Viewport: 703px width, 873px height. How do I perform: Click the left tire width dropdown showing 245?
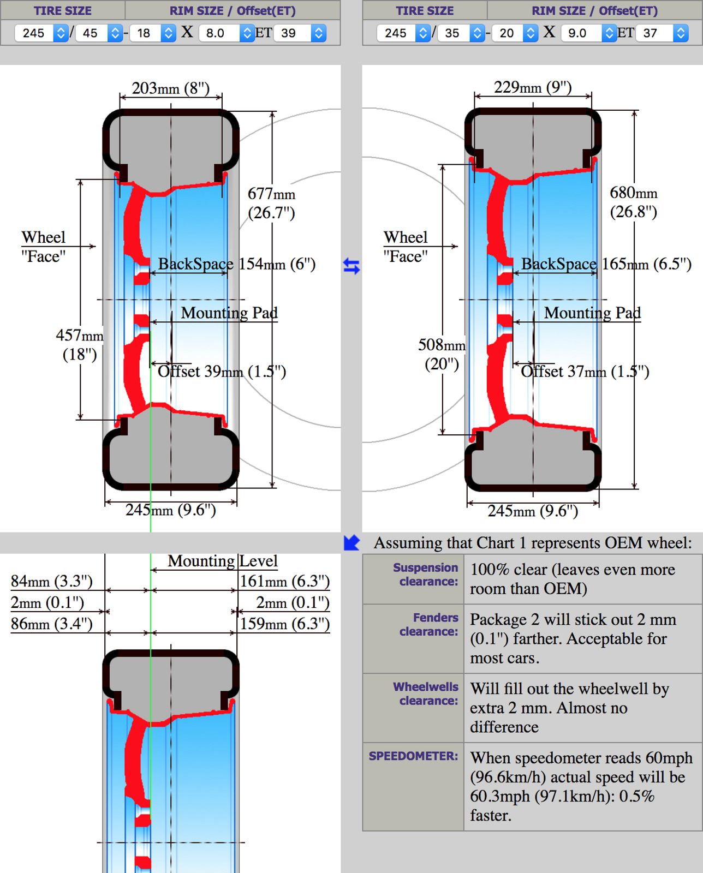pyautogui.click(x=41, y=33)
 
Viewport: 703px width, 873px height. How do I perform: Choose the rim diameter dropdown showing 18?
pyautogui.click(x=153, y=33)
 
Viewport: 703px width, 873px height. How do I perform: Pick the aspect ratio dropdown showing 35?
pyautogui.click(x=462, y=33)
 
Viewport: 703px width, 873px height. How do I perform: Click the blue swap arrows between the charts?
pyautogui.click(x=352, y=266)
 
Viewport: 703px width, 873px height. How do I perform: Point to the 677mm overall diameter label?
pyautogui.click(x=271, y=203)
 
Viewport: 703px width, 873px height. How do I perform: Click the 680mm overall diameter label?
pyautogui.click(x=633, y=202)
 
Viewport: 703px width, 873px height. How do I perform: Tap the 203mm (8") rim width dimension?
pyautogui.click(x=170, y=88)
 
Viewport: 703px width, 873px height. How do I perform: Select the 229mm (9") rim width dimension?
pyautogui.click(x=533, y=87)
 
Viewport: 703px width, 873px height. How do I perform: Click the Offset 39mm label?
pyautogui.click(x=222, y=372)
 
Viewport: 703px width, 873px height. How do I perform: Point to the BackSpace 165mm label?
pyautogui.click(x=606, y=264)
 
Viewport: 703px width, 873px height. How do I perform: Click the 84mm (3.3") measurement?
pyautogui.click(x=52, y=581)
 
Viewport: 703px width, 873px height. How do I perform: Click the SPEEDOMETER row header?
pyautogui.click(x=413, y=756)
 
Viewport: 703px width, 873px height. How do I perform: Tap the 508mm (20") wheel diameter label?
pyautogui.click(x=442, y=354)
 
